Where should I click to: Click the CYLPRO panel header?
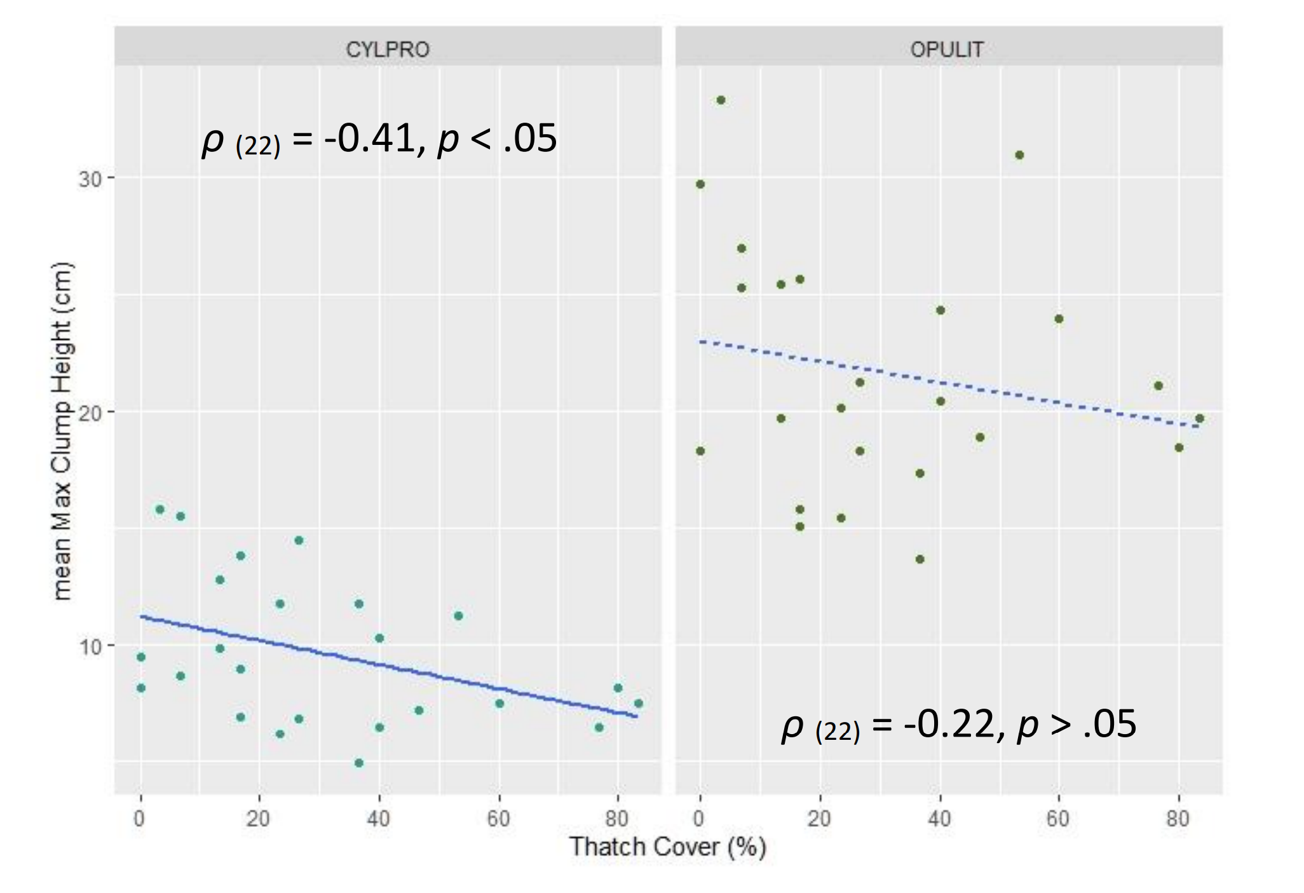coord(387,49)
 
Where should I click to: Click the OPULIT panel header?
coord(947,49)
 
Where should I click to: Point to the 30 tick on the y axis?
coord(90,179)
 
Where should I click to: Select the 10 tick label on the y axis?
coord(90,647)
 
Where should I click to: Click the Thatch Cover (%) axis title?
coord(667,847)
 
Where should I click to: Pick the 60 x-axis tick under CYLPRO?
coord(499,819)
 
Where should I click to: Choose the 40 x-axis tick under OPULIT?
coord(939,819)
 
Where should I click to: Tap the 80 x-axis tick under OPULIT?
coord(1178,819)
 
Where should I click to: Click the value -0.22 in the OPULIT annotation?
coord(948,725)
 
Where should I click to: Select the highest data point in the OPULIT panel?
coord(721,100)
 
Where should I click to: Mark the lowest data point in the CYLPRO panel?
coord(358,763)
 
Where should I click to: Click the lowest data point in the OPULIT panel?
coord(920,559)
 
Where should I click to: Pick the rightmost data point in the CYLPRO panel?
coord(639,703)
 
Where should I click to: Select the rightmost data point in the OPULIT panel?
coord(1199,418)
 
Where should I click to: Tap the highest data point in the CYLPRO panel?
coord(160,509)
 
